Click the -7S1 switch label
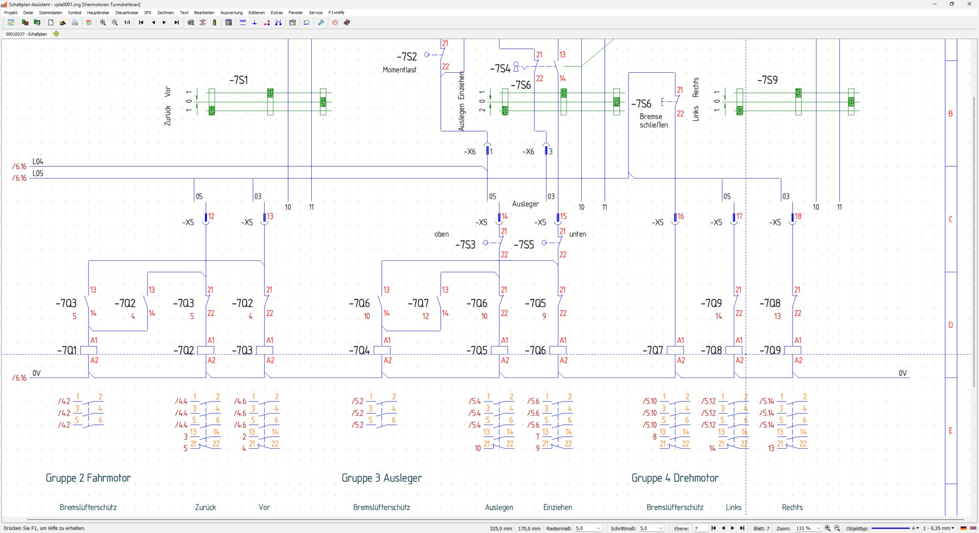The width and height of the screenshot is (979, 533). pyautogui.click(x=239, y=80)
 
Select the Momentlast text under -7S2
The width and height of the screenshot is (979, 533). pyautogui.click(x=400, y=70)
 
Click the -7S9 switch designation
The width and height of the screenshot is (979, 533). pyautogui.click(x=767, y=80)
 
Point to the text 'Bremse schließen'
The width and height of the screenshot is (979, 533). pyautogui.click(x=653, y=121)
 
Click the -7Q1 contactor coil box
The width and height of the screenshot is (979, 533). pyautogui.click(x=89, y=350)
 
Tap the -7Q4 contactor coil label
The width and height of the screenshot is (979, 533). pyautogui.click(x=359, y=351)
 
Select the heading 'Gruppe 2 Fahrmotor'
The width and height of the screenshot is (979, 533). pyautogui.click(x=88, y=477)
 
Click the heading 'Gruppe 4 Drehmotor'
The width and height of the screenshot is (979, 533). pyautogui.click(x=674, y=477)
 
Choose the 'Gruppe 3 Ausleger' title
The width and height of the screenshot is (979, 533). pyautogui.click(x=381, y=477)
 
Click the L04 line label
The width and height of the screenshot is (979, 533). pyautogui.click(x=38, y=162)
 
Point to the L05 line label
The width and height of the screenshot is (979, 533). pyautogui.click(x=38, y=173)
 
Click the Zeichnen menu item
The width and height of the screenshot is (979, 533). pyautogui.click(x=165, y=12)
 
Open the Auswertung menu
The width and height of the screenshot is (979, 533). pyautogui.click(x=231, y=12)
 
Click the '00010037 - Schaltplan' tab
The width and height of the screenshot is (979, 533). pyautogui.click(x=26, y=34)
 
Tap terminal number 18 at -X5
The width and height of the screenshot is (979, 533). pyautogui.click(x=798, y=216)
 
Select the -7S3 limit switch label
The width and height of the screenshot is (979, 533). pyautogui.click(x=465, y=245)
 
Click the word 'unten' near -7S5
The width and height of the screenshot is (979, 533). pyautogui.click(x=577, y=234)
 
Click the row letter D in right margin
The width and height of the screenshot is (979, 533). pyautogui.click(x=950, y=325)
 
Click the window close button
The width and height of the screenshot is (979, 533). pyautogui.click(x=969, y=4)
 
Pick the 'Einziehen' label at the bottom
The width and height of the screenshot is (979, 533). pyautogui.click(x=557, y=507)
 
